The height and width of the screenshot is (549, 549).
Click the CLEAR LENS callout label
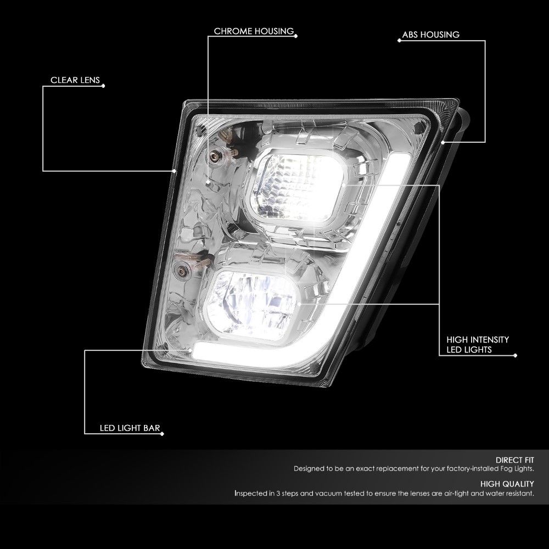(75, 80)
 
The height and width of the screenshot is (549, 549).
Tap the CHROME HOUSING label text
(254, 31)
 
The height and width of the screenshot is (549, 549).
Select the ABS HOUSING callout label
(430, 35)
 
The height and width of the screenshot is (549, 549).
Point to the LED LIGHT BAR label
(130, 428)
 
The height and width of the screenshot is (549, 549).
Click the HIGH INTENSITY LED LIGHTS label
(478, 345)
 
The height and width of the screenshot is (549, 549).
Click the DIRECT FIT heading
(515, 460)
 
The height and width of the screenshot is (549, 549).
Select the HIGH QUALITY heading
(507, 484)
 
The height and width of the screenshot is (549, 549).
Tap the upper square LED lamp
(298, 187)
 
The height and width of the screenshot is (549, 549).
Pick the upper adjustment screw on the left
(213, 156)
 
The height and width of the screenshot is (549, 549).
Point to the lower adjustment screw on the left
(182, 271)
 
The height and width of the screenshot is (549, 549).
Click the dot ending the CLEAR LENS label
(103, 86)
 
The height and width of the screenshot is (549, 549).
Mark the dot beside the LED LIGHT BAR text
(162, 434)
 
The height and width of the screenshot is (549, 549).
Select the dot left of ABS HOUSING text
(399, 40)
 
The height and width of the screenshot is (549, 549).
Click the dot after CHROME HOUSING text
(296, 36)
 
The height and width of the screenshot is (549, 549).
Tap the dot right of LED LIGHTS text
(515, 355)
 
